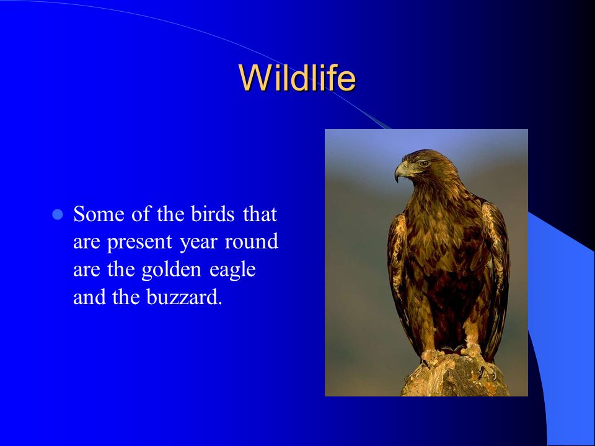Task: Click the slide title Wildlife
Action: click(297, 78)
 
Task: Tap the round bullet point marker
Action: click(57, 215)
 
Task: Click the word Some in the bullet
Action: click(99, 214)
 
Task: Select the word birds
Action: click(213, 214)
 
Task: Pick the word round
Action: click(251, 242)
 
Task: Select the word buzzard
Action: click(184, 297)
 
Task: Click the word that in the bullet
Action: click(260, 214)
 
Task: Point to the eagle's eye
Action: click(423, 164)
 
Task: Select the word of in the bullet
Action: click(141, 214)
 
